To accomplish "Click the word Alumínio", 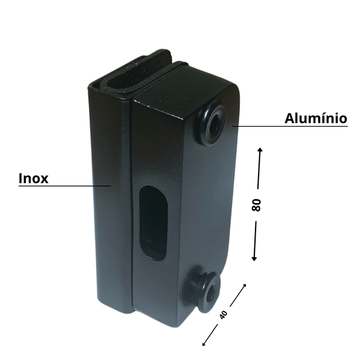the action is pyautogui.click(x=316, y=118).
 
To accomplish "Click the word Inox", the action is pyautogui.click(x=34, y=178).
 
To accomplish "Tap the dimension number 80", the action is pyautogui.click(x=256, y=205).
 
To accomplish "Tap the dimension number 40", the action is pyautogui.click(x=223, y=314).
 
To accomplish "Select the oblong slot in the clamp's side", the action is pyautogui.click(x=152, y=223).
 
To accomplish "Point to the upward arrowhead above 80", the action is pyautogui.click(x=260, y=150).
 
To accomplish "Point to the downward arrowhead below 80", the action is pyautogui.click(x=254, y=259).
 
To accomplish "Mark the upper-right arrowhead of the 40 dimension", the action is pyautogui.click(x=244, y=286).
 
